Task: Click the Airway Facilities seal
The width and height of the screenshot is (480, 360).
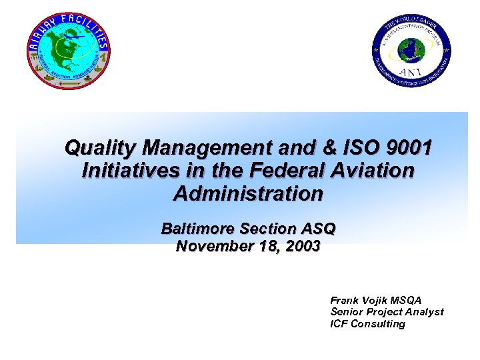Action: [69, 50]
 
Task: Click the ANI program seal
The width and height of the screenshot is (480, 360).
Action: [411, 53]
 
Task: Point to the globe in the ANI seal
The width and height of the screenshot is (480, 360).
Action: [411, 50]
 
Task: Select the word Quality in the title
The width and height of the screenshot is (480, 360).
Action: [101, 147]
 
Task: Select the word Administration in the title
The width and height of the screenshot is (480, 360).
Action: [248, 194]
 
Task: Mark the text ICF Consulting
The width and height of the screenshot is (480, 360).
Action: [367, 324]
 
